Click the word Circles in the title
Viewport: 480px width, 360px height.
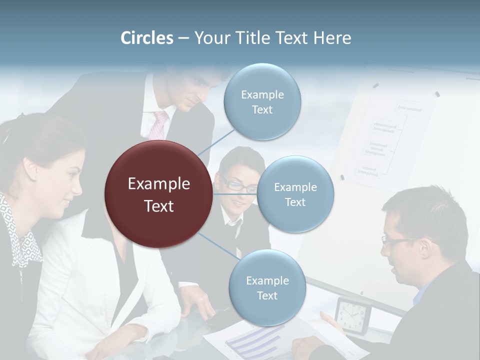147,38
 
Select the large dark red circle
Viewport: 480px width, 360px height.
158,194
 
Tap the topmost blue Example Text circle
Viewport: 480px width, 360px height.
262,102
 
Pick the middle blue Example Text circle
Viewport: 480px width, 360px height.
295,194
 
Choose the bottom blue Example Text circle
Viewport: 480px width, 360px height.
267,288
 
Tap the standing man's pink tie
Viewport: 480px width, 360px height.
159,125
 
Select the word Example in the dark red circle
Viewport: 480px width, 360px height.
158,184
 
